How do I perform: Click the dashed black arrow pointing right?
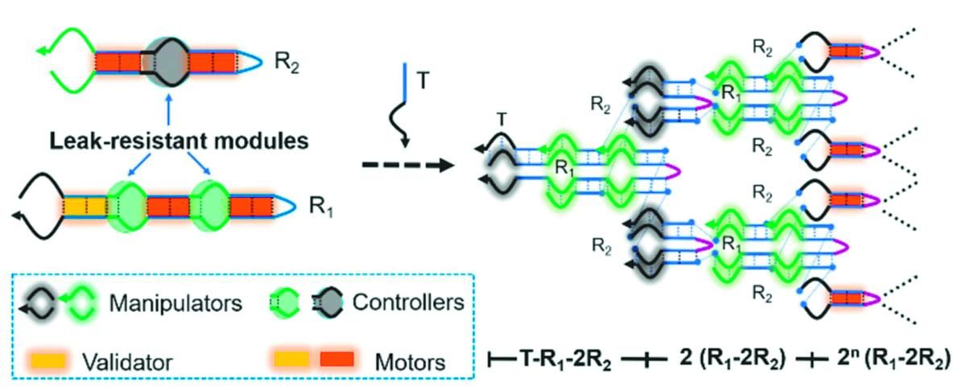[406, 166]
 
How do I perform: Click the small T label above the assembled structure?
[502, 120]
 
